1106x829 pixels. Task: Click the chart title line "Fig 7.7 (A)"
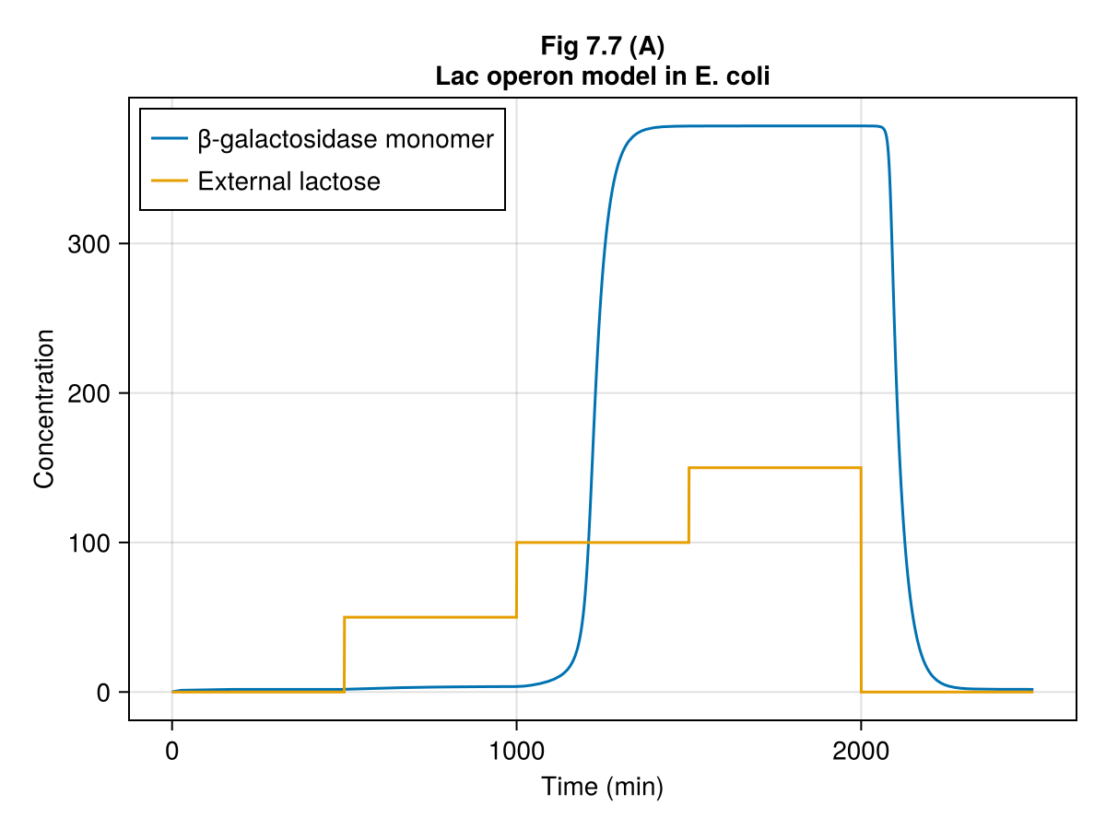[x=603, y=48]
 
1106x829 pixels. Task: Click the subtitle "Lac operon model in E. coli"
[x=603, y=76]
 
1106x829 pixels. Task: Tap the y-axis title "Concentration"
[x=44, y=408]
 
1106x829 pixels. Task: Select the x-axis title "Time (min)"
[x=602, y=787]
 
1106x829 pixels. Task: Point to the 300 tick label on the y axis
[x=90, y=244]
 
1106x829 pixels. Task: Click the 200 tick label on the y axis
[x=90, y=393]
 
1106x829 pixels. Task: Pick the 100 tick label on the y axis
[x=90, y=543]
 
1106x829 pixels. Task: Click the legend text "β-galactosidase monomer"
[x=346, y=140]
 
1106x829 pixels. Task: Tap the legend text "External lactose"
[x=288, y=181]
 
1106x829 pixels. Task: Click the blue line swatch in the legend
[x=171, y=140]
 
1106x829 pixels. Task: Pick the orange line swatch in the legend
[x=171, y=181]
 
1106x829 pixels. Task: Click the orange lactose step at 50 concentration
[x=429, y=617]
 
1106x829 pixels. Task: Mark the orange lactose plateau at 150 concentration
[x=774, y=468]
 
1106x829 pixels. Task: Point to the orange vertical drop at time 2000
[x=861, y=580]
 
